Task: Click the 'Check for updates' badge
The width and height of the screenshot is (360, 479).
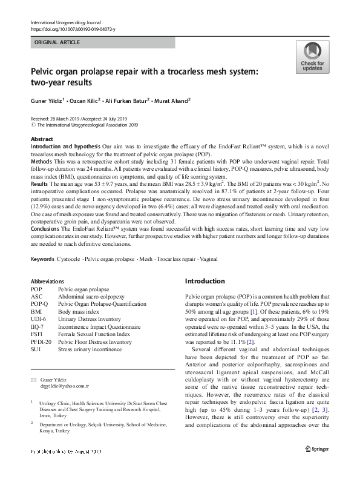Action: pyautogui.click(x=312, y=58)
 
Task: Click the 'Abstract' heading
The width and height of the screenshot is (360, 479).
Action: pyautogui.click(x=42, y=139)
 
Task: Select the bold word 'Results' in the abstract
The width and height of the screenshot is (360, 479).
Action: pyautogui.click(x=39, y=182)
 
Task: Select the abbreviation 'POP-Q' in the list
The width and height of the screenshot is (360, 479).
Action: pyautogui.click(x=39, y=304)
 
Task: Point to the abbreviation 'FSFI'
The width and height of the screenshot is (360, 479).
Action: pyautogui.click(x=38, y=334)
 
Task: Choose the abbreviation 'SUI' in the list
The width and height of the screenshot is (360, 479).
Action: pyautogui.click(x=36, y=349)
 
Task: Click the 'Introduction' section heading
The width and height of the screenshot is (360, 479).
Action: pyautogui.click(x=205, y=281)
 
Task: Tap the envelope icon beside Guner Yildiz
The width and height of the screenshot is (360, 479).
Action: pyautogui.click(x=33, y=379)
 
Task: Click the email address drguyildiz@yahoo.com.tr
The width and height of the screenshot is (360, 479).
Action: pyautogui.click(x=64, y=386)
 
